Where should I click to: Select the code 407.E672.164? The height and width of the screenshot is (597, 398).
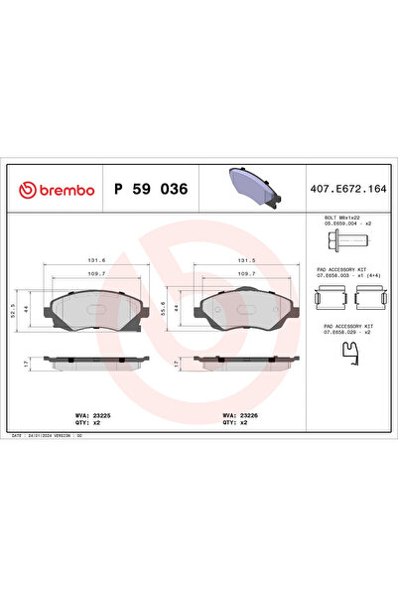coord(348,189)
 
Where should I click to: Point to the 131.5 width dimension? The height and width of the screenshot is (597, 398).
coord(245,260)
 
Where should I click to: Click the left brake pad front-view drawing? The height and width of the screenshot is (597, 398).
coord(94,310)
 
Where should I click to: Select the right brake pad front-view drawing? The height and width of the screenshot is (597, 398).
coord(245,310)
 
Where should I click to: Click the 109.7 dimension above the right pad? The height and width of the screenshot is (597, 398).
coord(245,272)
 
